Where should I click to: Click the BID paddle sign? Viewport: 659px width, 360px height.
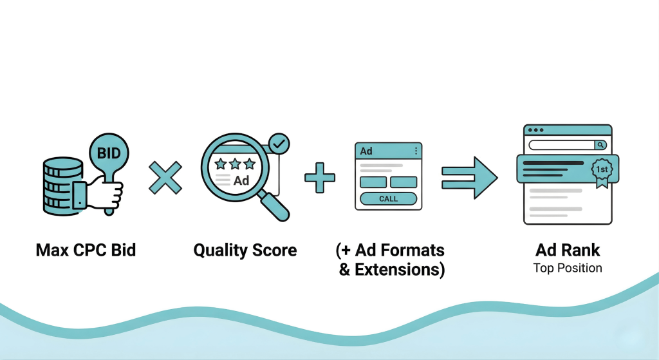click(109, 153)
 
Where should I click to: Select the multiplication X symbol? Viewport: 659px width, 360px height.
click(165, 177)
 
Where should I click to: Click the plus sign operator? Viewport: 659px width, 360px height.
click(320, 177)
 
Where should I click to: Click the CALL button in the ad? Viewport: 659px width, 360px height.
click(388, 199)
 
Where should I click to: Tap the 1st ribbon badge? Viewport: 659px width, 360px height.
click(602, 169)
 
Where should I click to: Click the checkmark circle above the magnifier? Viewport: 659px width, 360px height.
click(279, 145)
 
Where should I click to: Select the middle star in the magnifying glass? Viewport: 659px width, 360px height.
click(235, 165)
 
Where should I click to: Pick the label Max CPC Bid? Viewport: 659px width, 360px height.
click(86, 250)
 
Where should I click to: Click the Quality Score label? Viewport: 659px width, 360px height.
click(245, 250)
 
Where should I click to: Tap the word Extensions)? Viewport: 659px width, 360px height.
click(391, 269)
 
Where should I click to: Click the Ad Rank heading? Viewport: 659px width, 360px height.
click(567, 250)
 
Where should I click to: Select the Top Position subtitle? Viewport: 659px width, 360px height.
click(568, 268)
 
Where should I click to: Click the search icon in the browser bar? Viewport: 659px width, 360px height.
click(600, 146)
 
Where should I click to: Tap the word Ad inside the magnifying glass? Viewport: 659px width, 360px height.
click(241, 180)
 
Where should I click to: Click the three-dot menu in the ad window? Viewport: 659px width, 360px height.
click(416, 151)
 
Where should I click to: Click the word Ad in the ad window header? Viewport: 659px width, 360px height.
click(366, 151)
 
